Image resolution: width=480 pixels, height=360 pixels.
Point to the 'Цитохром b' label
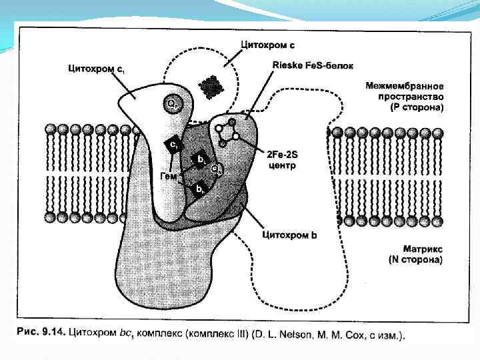point(291,234)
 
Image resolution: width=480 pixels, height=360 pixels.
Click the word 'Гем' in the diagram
point(169,175)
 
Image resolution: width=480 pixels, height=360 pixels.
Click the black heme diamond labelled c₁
point(172,145)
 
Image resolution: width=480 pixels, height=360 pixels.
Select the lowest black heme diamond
point(199,189)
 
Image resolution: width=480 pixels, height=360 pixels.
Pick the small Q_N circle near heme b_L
point(215,169)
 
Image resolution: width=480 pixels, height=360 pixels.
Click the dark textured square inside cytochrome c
point(211,85)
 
